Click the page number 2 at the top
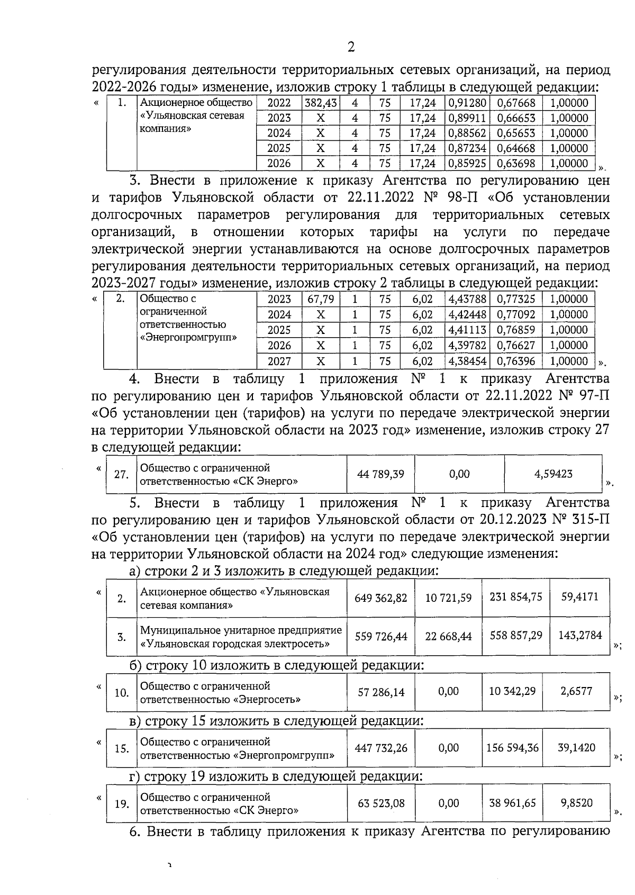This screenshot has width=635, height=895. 350,47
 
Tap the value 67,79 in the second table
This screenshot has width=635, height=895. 321,299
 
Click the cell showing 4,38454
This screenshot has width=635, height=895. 467,361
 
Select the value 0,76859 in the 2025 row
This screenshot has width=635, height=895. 515,330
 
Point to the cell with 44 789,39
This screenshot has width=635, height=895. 380,474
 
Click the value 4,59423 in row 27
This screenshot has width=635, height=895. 553,474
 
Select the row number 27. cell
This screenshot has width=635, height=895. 122,474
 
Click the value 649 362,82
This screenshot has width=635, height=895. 381,598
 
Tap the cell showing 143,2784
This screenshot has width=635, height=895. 580,635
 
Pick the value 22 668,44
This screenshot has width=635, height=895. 448,636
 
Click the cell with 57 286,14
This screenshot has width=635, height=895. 381,692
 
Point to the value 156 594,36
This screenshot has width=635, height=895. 512,747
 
